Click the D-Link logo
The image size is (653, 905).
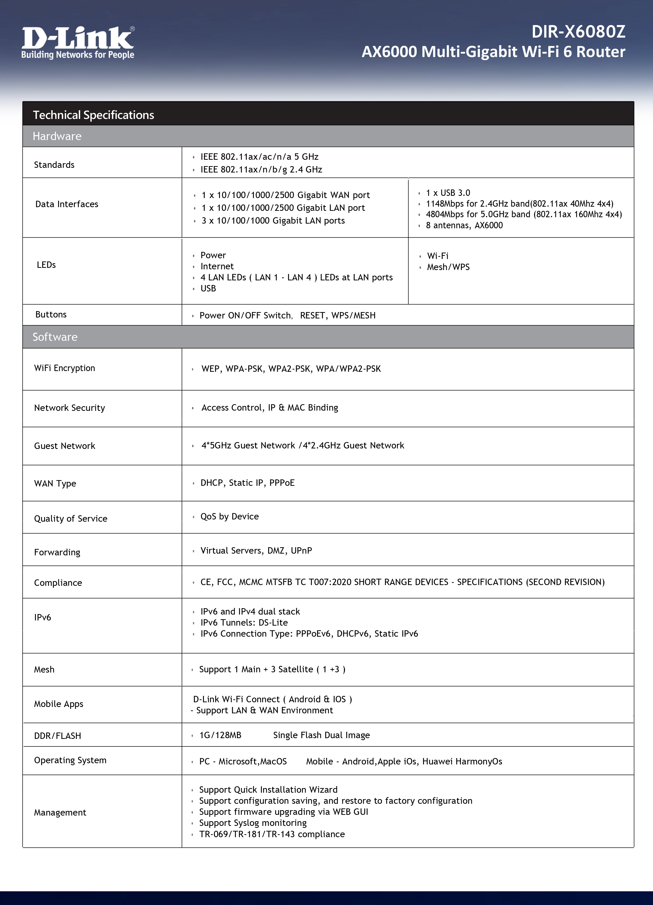coord(78,42)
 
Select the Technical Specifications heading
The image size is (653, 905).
coord(93,115)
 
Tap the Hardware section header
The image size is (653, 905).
coord(57,136)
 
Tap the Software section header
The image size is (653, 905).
coord(55,337)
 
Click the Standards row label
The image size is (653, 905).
coord(54,165)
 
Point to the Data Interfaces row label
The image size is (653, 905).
coord(67,204)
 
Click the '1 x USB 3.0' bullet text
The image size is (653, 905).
coord(448,193)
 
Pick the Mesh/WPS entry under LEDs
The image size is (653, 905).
coord(448,267)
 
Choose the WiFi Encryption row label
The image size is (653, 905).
coord(65,368)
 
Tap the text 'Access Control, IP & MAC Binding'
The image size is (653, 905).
coord(270,407)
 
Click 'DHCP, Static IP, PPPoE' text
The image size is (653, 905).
coord(248,483)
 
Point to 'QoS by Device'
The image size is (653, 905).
coord(229,516)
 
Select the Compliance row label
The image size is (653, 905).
coord(58,583)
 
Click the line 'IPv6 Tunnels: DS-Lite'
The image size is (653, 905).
coord(244,622)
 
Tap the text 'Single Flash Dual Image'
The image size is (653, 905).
coord(321,735)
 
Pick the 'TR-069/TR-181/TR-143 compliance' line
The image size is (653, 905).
coord(272,834)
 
